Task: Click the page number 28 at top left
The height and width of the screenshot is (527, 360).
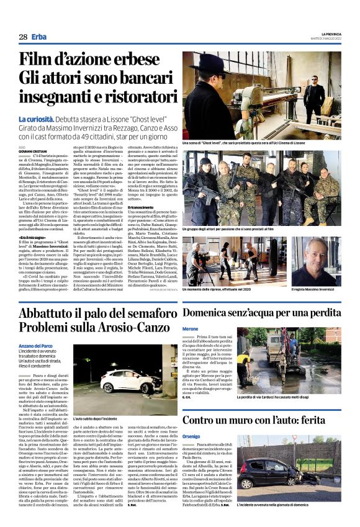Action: click(x=23, y=37)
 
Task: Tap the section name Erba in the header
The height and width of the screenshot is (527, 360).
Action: click(x=40, y=37)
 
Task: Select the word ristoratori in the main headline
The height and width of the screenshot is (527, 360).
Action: click(x=124, y=98)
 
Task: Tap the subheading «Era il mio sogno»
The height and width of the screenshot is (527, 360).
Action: click(x=34, y=237)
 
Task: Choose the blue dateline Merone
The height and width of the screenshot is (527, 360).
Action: click(x=190, y=328)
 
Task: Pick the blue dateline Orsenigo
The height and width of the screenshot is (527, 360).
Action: click(x=192, y=435)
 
